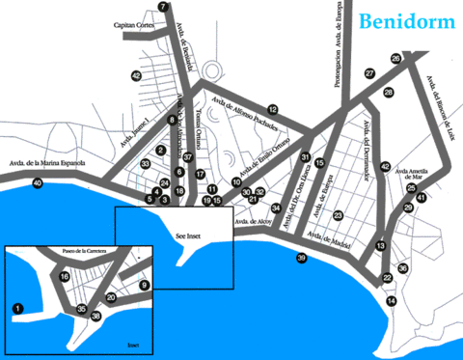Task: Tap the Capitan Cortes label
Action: [x=134, y=25]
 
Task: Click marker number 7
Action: [x=163, y=7]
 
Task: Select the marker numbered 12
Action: [x=273, y=109]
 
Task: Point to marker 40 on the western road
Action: [x=38, y=182]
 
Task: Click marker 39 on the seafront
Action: [x=301, y=258]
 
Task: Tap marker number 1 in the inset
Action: [x=17, y=308]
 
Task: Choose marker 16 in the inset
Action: [x=65, y=277]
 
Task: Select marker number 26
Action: [x=395, y=59]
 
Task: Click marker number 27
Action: [x=369, y=73]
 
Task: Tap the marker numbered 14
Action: [x=391, y=301]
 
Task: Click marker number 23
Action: [x=338, y=215]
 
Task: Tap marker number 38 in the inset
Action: [x=95, y=316]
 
